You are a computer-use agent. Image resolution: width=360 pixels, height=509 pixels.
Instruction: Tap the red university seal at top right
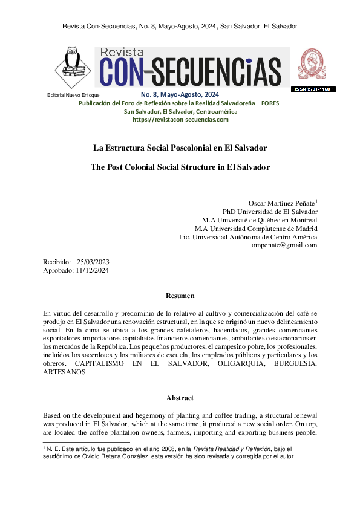(x=313, y=64)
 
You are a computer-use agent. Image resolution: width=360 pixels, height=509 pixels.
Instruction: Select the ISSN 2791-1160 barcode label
(x=313, y=89)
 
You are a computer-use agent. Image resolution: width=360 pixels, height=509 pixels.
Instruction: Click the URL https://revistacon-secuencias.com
(x=180, y=120)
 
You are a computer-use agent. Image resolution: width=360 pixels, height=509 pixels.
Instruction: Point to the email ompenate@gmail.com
(x=284, y=245)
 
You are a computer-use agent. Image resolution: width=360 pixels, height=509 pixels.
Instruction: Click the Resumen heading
(x=180, y=296)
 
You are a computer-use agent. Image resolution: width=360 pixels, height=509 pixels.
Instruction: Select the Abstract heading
(x=180, y=398)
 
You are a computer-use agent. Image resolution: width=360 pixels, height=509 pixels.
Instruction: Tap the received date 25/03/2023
(x=93, y=262)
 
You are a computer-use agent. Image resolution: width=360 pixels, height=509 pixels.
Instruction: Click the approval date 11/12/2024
(x=93, y=271)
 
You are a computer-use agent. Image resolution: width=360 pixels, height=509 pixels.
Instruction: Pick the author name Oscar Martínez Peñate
(x=281, y=203)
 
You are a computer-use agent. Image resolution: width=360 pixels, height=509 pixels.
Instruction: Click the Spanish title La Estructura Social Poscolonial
(x=180, y=148)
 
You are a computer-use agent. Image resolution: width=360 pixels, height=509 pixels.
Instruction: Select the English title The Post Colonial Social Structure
(x=180, y=167)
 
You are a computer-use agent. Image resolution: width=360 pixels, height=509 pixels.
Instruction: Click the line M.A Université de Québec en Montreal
(x=260, y=220)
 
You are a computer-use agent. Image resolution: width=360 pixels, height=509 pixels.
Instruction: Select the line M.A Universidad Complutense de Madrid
(x=256, y=229)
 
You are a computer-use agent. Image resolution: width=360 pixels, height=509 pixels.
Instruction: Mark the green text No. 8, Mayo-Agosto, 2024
(x=180, y=95)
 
